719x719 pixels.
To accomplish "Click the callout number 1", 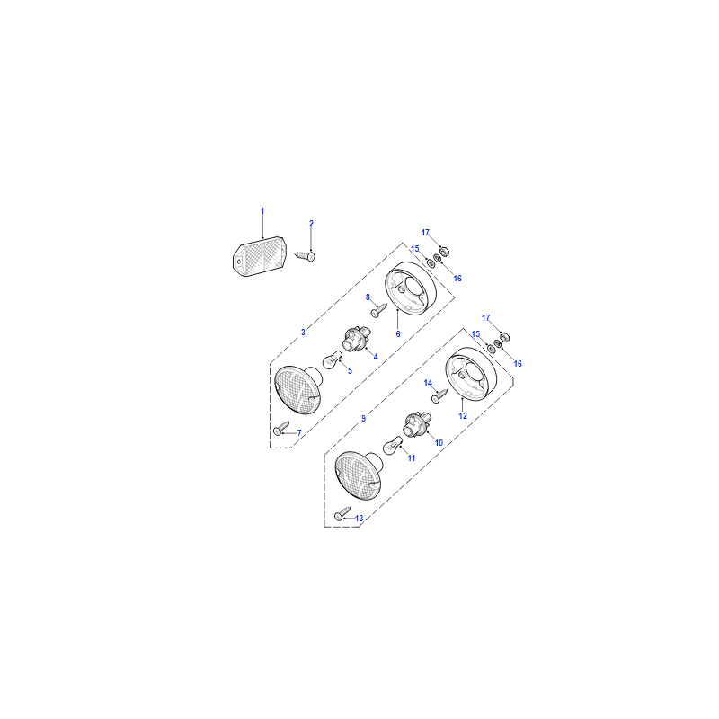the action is [262, 211].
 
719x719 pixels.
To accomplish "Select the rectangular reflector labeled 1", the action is [259, 257].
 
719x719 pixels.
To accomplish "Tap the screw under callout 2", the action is [306, 256].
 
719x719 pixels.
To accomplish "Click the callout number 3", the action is [303, 333].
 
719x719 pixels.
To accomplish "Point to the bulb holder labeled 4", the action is [357, 340].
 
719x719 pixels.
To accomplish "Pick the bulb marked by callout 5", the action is [333, 359].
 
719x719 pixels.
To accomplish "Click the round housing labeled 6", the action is [411, 288].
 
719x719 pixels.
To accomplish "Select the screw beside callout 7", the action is [281, 429].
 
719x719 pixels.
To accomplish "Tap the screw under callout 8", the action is [378, 310].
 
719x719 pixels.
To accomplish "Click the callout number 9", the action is [364, 418].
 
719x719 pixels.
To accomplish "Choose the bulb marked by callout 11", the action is [393, 445].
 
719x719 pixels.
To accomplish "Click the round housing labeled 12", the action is [471, 374].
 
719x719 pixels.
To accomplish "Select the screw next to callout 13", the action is [342, 513].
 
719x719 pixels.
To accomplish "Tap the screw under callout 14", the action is [439, 396].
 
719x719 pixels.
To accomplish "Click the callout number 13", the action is [359, 519].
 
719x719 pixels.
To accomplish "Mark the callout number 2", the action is [311, 223].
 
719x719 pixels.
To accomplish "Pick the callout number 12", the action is [463, 415].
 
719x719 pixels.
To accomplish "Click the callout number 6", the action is [398, 333].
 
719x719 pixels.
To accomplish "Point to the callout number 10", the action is [439, 442].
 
